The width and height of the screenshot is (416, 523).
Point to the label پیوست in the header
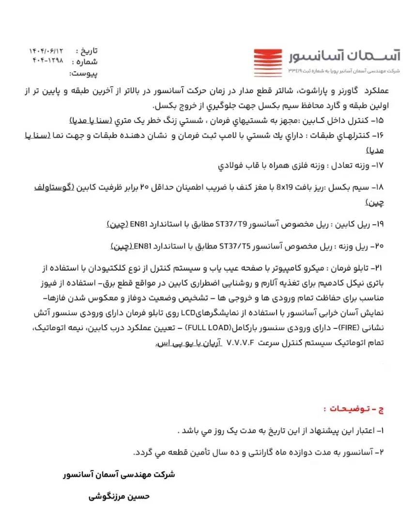tap(84, 74)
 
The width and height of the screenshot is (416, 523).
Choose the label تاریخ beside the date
tap(89, 51)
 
